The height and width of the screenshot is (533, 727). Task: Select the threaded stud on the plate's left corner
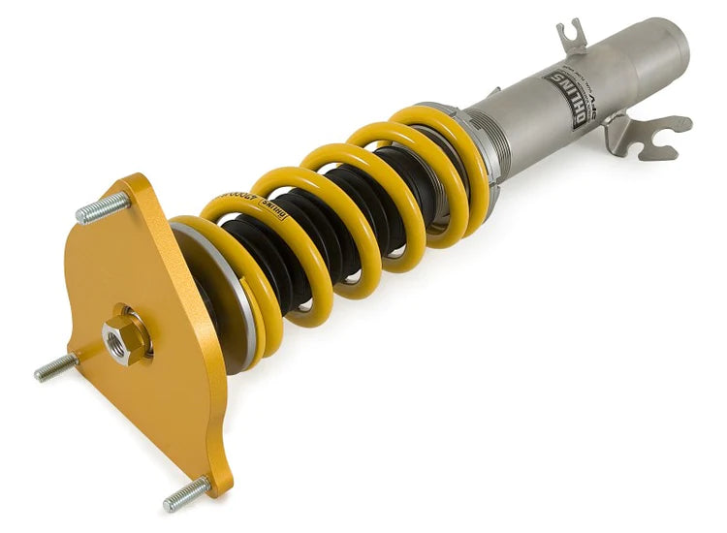click(55, 367)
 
